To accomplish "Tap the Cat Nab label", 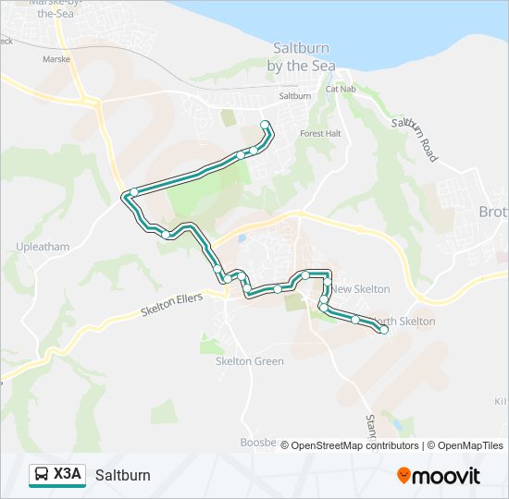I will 341,90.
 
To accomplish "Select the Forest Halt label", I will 321,133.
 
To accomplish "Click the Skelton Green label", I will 249,360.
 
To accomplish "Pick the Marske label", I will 56,58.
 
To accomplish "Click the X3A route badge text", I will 68,475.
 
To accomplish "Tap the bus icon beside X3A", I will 43,475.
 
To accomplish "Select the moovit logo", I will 439,476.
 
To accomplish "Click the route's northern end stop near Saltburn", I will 266,125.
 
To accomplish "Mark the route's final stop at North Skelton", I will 383,329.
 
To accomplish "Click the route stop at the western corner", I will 134,192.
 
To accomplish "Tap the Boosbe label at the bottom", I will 258,443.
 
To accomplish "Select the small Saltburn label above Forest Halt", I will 294,95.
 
